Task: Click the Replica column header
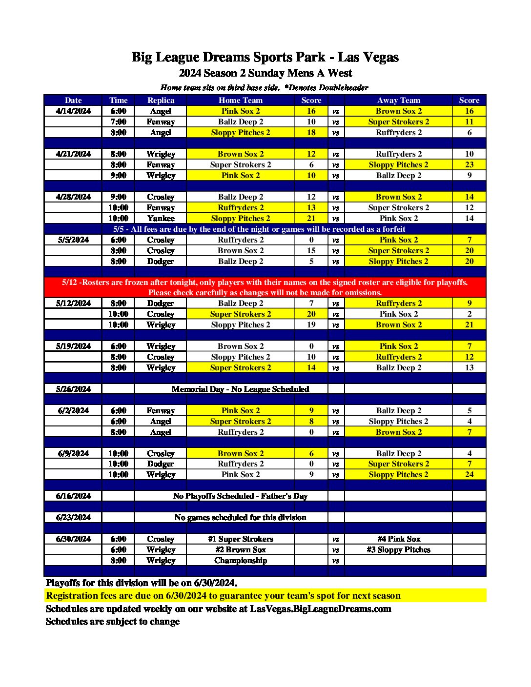click(161, 100)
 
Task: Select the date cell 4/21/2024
click(73, 154)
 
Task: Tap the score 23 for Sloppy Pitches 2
click(469, 164)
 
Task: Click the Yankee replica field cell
click(161, 218)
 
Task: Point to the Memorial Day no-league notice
click(240, 389)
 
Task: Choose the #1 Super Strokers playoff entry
click(240, 539)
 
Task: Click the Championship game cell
click(240, 560)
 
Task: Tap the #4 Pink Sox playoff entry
click(398, 539)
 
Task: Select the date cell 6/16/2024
click(73, 496)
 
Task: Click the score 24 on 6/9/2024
click(469, 474)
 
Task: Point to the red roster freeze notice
click(265, 287)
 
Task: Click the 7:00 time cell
click(118, 121)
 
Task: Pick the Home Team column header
click(240, 100)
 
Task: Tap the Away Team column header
click(398, 100)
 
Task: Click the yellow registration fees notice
click(224, 595)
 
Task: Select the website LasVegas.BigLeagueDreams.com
click(320, 608)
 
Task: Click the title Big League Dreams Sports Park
click(265, 57)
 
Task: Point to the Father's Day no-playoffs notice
click(240, 496)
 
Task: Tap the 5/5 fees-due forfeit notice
click(259, 229)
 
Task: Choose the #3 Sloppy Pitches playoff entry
click(398, 549)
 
